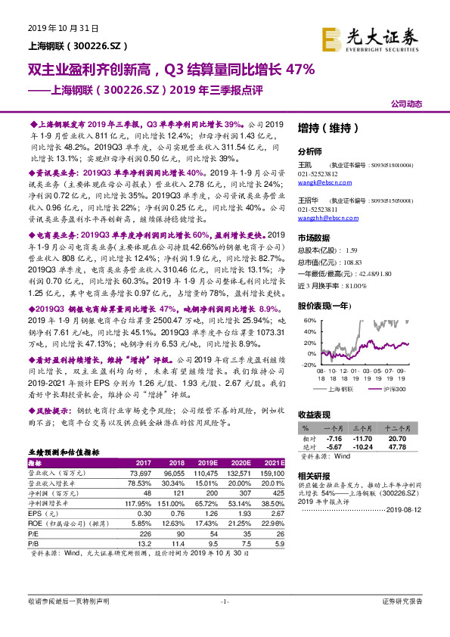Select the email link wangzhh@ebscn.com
pos(321,217)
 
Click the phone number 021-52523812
pos(317,173)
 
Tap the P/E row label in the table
pos(34,532)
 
